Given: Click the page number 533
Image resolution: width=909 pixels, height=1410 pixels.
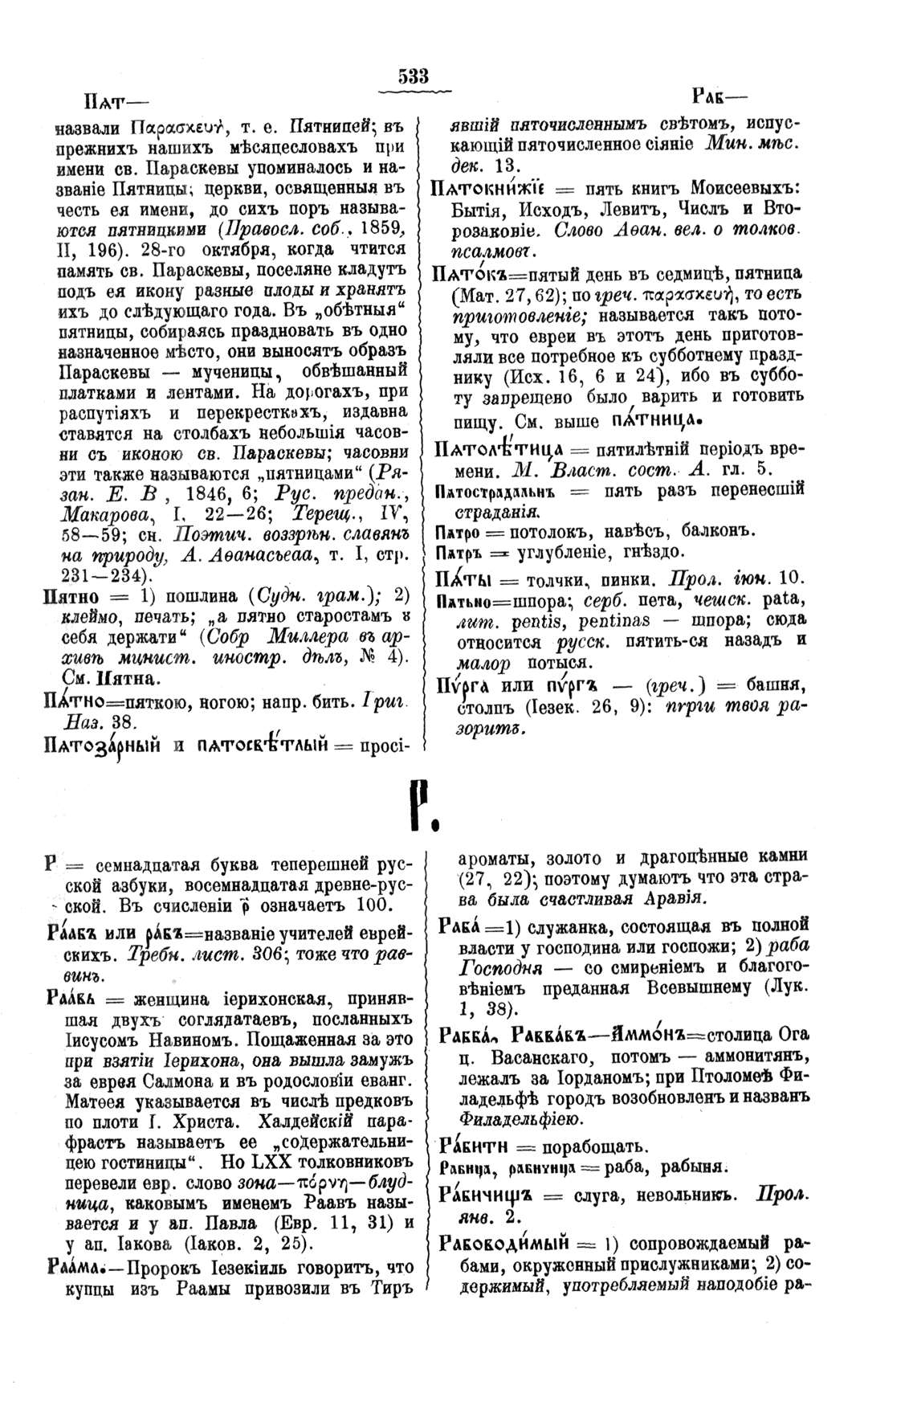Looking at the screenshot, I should click(x=414, y=76).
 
